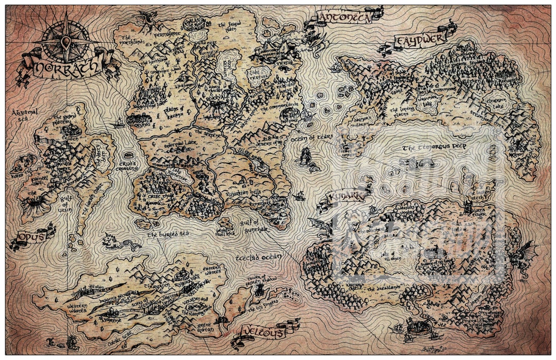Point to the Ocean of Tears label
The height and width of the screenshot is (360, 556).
click(312, 137)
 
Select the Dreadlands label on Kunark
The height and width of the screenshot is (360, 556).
click(387, 289)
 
